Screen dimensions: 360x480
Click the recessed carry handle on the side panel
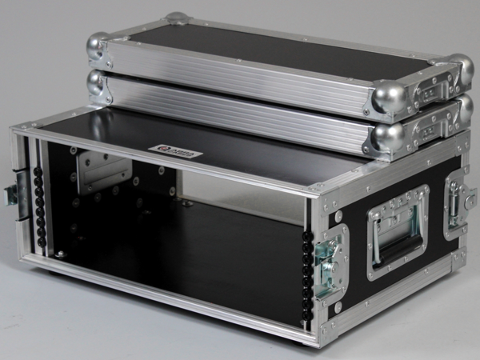398,232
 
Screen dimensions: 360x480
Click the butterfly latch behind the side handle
457,206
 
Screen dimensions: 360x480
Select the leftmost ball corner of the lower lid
97,83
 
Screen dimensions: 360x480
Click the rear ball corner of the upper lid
178,18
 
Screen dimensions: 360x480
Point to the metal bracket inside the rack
102,170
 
